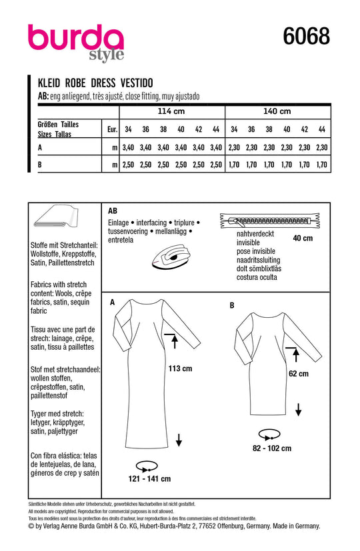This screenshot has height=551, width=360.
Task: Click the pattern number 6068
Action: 306,37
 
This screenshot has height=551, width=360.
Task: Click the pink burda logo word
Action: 75,37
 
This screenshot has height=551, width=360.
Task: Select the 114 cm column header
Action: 171,111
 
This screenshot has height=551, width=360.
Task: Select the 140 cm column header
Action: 277,111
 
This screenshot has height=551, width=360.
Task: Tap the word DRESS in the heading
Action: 103,83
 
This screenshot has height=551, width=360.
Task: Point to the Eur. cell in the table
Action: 112,129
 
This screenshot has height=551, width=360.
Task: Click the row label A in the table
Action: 40,148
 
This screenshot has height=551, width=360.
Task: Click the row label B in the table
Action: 40,165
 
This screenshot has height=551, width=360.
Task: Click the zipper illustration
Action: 270,221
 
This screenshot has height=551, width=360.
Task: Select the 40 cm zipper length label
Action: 303,239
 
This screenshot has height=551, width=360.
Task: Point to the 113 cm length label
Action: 181,368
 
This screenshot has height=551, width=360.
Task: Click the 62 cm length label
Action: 299,374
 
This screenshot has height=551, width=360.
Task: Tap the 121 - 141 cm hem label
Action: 150,478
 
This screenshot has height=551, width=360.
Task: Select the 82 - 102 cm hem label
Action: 272,448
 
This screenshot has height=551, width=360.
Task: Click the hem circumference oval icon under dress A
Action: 147,467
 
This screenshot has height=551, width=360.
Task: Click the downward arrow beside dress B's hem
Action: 299,410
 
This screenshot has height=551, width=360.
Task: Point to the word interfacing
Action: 151,223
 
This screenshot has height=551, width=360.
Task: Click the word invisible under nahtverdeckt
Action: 248,243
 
